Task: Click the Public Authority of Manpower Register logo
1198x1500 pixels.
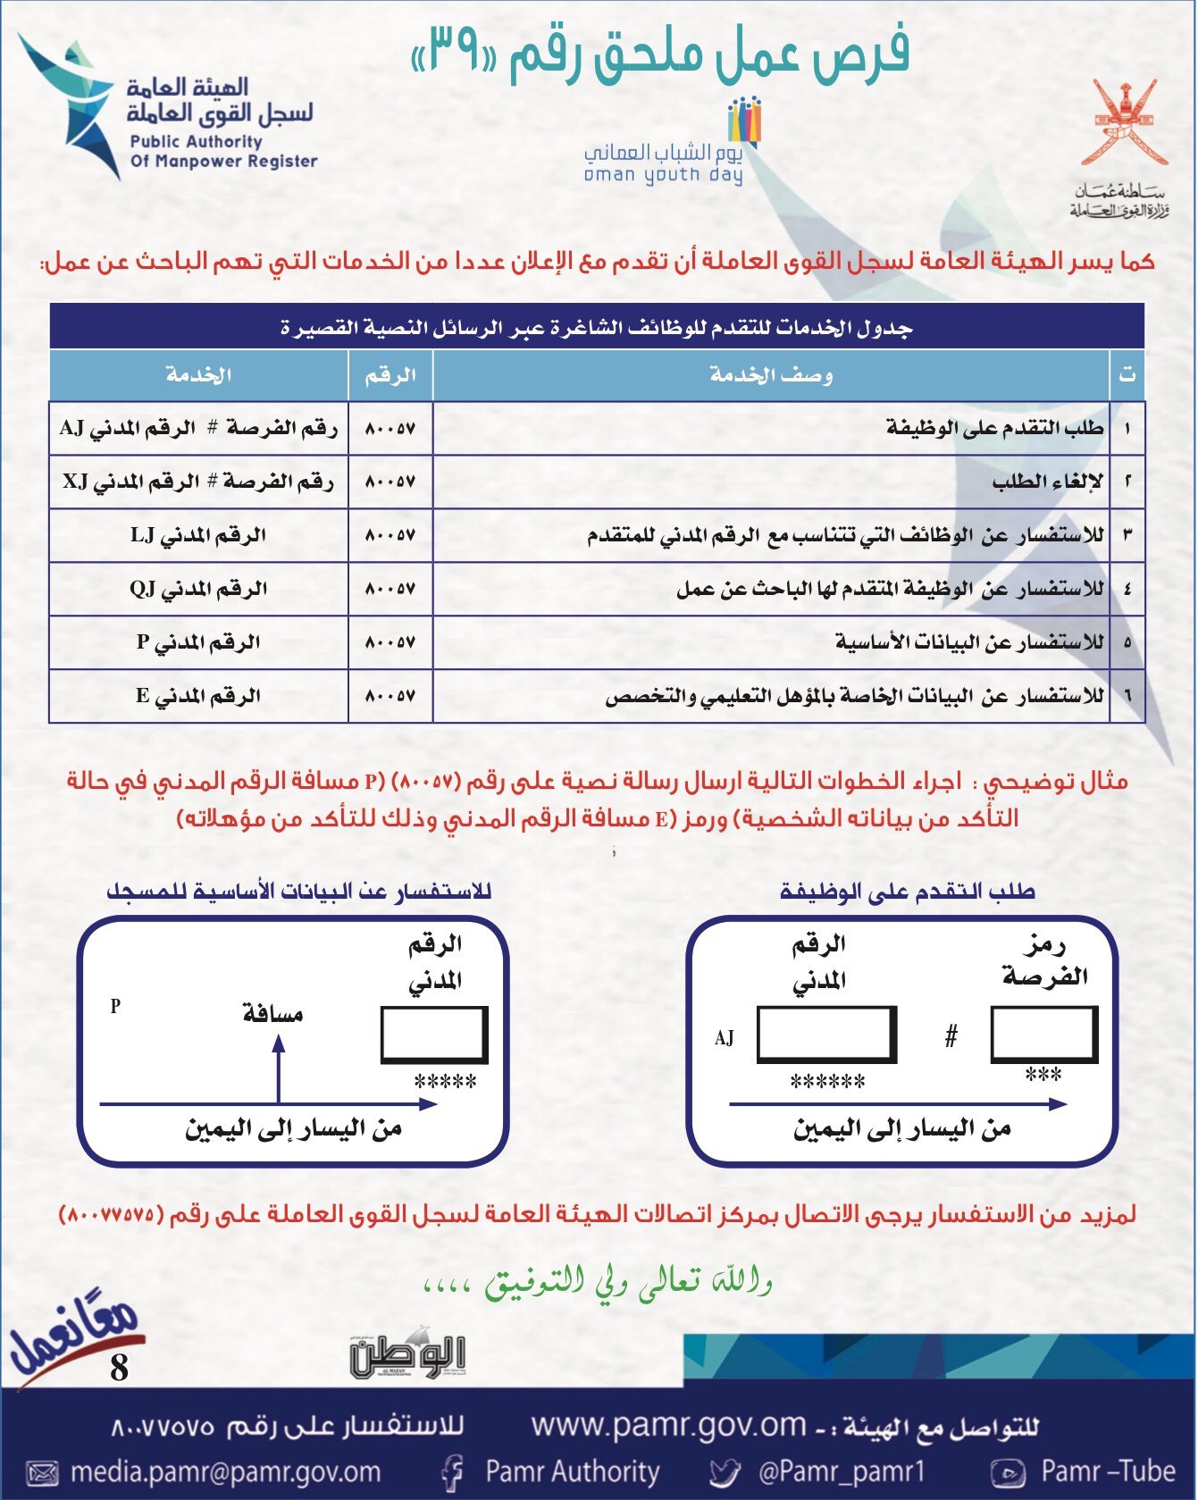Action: [x=170, y=107]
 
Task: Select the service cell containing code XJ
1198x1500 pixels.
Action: [x=198, y=482]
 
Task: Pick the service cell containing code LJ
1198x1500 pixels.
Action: [x=198, y=536]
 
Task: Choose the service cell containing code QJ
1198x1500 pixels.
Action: [x=198, y=590]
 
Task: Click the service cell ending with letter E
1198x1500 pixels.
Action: [x=198, y=696]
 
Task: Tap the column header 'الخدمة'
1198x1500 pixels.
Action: [x=198, y=375]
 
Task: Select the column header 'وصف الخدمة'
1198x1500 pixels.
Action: [x=771, y=375]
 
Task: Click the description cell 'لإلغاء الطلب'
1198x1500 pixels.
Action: [x=1047, y=482]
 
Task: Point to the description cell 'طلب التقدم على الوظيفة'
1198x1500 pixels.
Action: [x=994, y=429]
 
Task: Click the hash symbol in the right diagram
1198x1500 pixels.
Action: [x=951, y=1036]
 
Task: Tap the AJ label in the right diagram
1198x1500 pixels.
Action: [x=724, y=1038]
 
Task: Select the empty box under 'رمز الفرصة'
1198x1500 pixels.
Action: [x=1044, y=1034]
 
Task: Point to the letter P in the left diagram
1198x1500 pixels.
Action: [x=115, y=1006]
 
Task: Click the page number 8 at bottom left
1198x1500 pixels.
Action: [x=119, y=1368]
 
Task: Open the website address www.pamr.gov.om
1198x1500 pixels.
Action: [x=668, y=1426]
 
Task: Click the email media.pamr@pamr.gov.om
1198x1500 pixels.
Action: [x=225, y=1471]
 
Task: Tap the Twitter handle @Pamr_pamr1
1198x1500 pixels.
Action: [x=842, y=1471]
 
